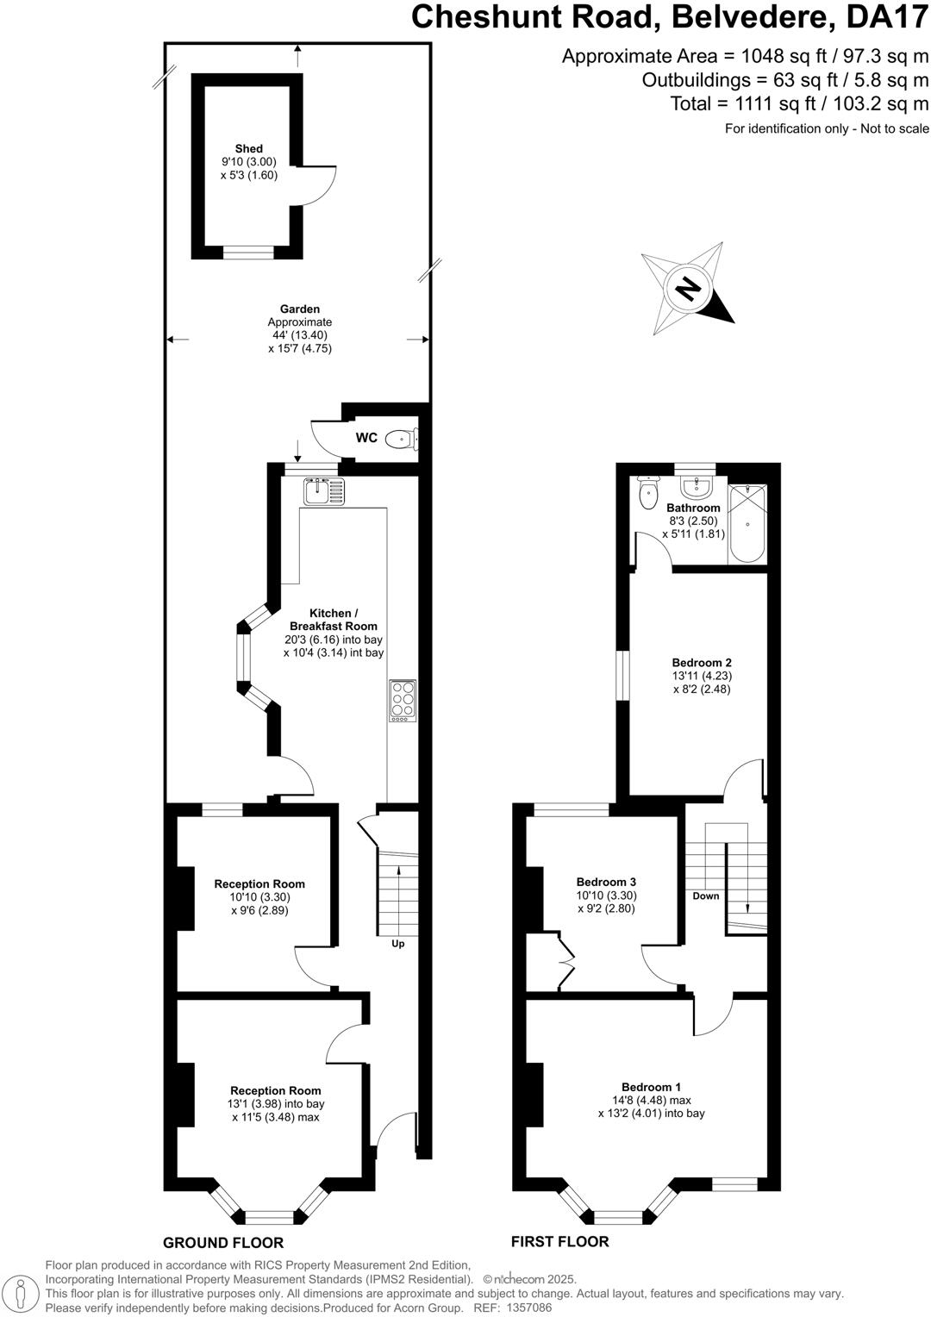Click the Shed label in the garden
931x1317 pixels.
pyautogui.click(x=249, y=149)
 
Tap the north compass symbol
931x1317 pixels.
pyautogui.click(x=688, y=288)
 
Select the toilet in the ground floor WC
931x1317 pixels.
pyautogui.click(x=399, y=440)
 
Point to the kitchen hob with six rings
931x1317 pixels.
pyautogui.click(x=402, y=699)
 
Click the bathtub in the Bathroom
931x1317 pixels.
pyautogui.click(x=747, y=524)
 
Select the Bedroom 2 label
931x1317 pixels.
pyautogui.click(x=702, y=663)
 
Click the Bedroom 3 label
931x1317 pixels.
pyautogui.click(x=606, y=882)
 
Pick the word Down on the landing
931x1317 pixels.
pyautogui.click(x=705, y=896)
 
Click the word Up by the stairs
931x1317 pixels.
pyautogui.click(x=398, y=944)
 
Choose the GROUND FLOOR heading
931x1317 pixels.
pyautogui.click(x=223, y=1243)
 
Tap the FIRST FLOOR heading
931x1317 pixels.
pyautogui.click(x=559, y=1242)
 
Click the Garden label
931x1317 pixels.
pyautogui.click(x=300, y=309)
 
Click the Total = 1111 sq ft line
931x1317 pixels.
pyautogui.click(x=799, y=104)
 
